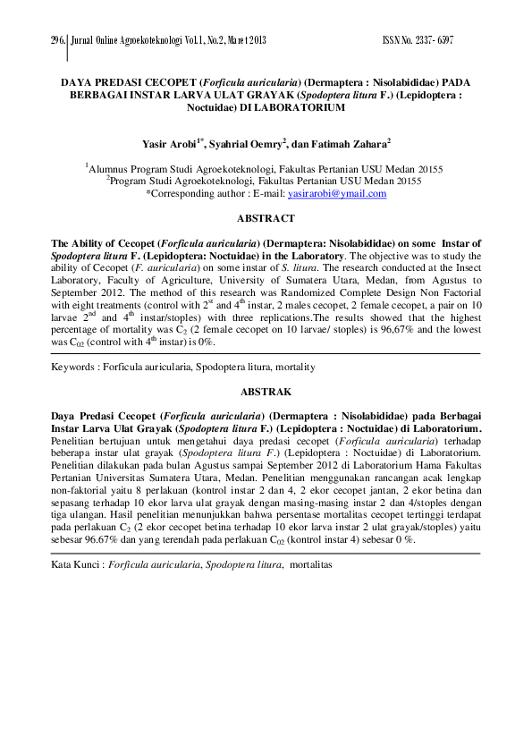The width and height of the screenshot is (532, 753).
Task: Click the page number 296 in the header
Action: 59,41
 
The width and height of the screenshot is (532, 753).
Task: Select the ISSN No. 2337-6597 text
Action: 418,41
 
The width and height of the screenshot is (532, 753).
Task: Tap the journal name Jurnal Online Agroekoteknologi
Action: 126,41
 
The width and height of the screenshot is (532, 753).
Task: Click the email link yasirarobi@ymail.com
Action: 337,192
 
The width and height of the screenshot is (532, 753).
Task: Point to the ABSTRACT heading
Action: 266,218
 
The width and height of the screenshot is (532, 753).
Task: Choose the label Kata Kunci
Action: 75,565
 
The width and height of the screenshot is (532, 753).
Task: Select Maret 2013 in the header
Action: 243,41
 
